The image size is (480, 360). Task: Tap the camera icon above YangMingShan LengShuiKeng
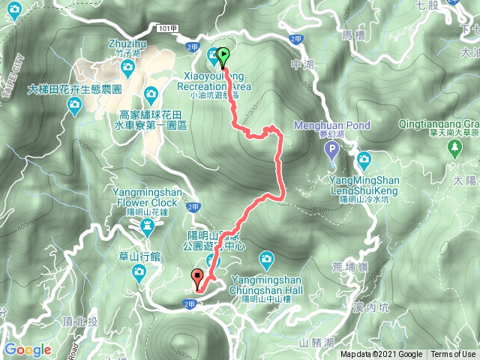[x=364, y=159]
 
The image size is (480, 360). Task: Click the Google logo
[x=28, y=349]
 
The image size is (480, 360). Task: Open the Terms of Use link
[x=453, y=355]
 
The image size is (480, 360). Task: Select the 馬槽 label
[x=352, y=34]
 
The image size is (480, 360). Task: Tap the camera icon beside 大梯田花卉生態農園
[x=75, y=109]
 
